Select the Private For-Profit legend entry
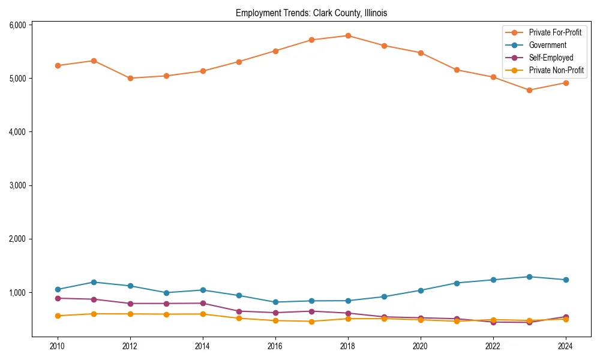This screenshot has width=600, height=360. coord(555,32)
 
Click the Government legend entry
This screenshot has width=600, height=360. coord(547,45)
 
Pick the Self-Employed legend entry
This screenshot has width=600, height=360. coord(551,58)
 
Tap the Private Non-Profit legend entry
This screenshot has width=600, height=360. coord(556,70)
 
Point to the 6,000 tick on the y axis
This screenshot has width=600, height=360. coord(18,25)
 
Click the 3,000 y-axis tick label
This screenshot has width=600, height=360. coord(18,185)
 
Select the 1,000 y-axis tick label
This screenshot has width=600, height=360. coord(18,292)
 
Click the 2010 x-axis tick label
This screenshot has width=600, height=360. coord(58,346)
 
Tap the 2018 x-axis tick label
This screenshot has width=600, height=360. coord(348,346)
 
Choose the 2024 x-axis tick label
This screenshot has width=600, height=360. coord(565,346)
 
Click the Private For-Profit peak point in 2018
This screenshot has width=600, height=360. coord(348,35)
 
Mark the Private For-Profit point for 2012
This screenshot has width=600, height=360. coord(130,78)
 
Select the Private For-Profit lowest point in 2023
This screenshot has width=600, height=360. coord(529,90)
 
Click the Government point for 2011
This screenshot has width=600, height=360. coord(94,282)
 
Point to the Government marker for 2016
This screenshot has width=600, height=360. coord(275,302)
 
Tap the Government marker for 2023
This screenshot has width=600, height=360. coord(529,277)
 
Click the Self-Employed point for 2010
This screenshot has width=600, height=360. coord(58,298)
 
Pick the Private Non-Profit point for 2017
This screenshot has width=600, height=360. coord(311,321)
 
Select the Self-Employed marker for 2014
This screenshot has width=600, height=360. coord(203,303)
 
